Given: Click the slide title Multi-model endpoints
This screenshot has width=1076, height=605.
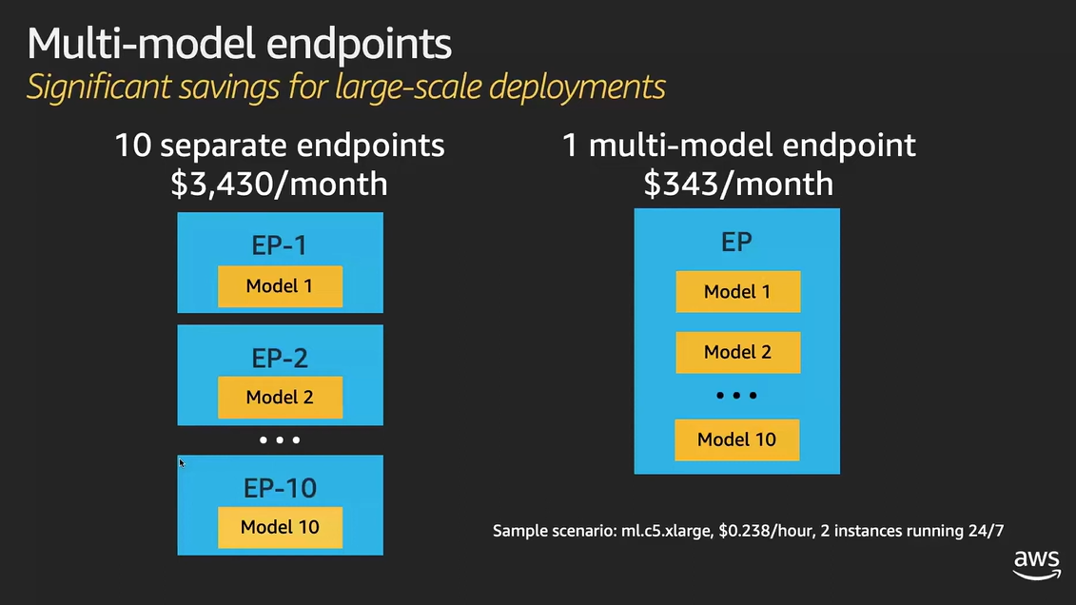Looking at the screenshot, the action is tap(240, 44).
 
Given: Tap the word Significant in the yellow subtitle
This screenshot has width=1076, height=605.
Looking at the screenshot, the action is tap(98, 88).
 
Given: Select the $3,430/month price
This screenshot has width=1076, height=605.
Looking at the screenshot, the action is tap(280, 184).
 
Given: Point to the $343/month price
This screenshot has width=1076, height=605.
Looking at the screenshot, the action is tap(738, 184).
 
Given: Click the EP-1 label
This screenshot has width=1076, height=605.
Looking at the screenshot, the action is tap(280, 244).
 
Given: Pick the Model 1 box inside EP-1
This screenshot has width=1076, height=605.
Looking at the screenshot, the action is tap(280, 286).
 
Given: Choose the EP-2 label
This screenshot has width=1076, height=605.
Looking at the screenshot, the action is tap(280, 358).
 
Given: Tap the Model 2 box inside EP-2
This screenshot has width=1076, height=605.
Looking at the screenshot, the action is tap(280, 398).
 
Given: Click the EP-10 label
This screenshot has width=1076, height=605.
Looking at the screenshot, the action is tap(280, 488).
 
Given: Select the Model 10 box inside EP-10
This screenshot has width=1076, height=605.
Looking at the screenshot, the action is tap(280, 527).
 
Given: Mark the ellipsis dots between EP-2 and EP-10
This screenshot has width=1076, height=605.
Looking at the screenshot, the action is tap(280, 440).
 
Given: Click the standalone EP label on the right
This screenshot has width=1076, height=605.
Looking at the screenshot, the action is tap(737, 243).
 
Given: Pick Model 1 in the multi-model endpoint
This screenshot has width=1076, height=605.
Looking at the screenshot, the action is tap(737, 291).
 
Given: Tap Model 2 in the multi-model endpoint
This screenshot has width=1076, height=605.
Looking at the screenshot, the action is tap(737, 353).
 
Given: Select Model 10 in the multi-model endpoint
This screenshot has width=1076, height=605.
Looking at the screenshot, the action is tap(737, 439).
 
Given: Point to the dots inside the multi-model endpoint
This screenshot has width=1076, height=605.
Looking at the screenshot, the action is tap(736, 396).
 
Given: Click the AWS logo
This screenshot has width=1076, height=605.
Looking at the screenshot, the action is tap(1037, 564).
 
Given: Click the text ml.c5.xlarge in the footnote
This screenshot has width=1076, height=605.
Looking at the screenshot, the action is tap(666, 531).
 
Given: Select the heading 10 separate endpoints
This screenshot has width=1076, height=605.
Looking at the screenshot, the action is tap(280, 146).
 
